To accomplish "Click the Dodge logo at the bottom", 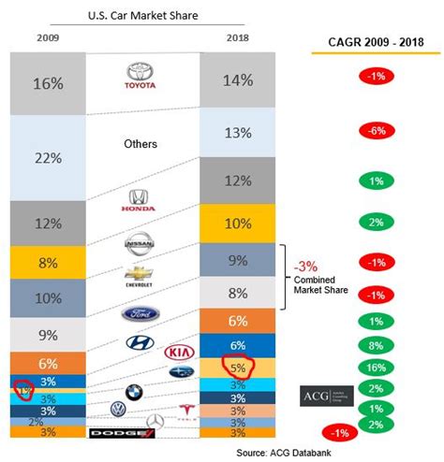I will pos(112,434).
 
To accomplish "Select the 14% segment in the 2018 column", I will pos(237,80).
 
